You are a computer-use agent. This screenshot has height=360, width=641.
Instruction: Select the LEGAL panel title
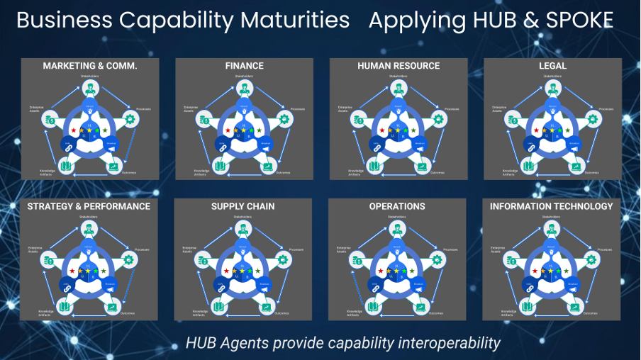click(x=552, y=66)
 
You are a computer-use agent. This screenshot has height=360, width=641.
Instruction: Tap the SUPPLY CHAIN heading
click(x=243, y=206)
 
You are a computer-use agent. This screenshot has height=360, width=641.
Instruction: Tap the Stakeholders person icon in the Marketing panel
click(x=89, y=89)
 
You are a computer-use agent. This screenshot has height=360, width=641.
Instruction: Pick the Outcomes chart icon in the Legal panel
click(x=575, y=167)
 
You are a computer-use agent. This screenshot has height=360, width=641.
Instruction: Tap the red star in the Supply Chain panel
click(x=226, y=271)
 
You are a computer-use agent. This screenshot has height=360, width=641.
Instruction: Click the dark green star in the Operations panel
click(x=414, y=271)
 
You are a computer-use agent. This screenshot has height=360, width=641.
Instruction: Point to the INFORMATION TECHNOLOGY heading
click(x=552, y=206)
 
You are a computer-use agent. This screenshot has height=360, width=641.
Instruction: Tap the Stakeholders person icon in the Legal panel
click(x=552, y=89)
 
